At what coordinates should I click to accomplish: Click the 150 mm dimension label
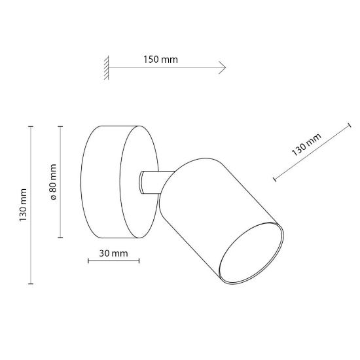[160, 60]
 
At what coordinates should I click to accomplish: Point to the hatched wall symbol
[106, 67]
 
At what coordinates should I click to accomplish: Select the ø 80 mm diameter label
[53, 182]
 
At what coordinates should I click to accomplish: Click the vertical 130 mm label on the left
[23, 205]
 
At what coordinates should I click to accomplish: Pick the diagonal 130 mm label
[306, 145]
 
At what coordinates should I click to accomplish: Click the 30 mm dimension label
[113, 253]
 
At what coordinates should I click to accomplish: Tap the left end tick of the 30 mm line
[88, 261]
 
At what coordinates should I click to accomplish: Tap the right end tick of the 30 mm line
[139, 261]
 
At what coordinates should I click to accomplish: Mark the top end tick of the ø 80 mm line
[60, 126]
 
